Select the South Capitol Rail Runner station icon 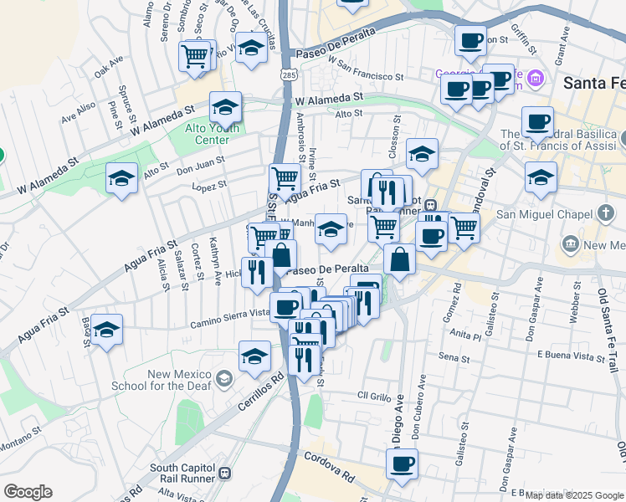pyautogui.click(x=224, y=474)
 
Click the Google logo pyautogui.click(x=28, y=492)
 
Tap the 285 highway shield pyautogui.click(x=288, y=75)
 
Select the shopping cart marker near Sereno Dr pyautogui.click(x=194, y=56)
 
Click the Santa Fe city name pyautogui.click(x=593, y=83)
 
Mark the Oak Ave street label pyautogui.click(x=109, y=66)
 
